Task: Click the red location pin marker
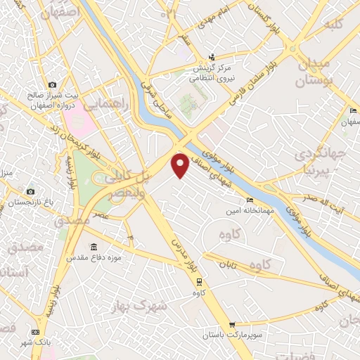point(181,165)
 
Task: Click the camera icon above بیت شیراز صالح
point(52,84)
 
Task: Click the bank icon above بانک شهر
point(36,332)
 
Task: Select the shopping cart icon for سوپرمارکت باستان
point(232,325)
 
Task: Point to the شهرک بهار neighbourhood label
point(140,306)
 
